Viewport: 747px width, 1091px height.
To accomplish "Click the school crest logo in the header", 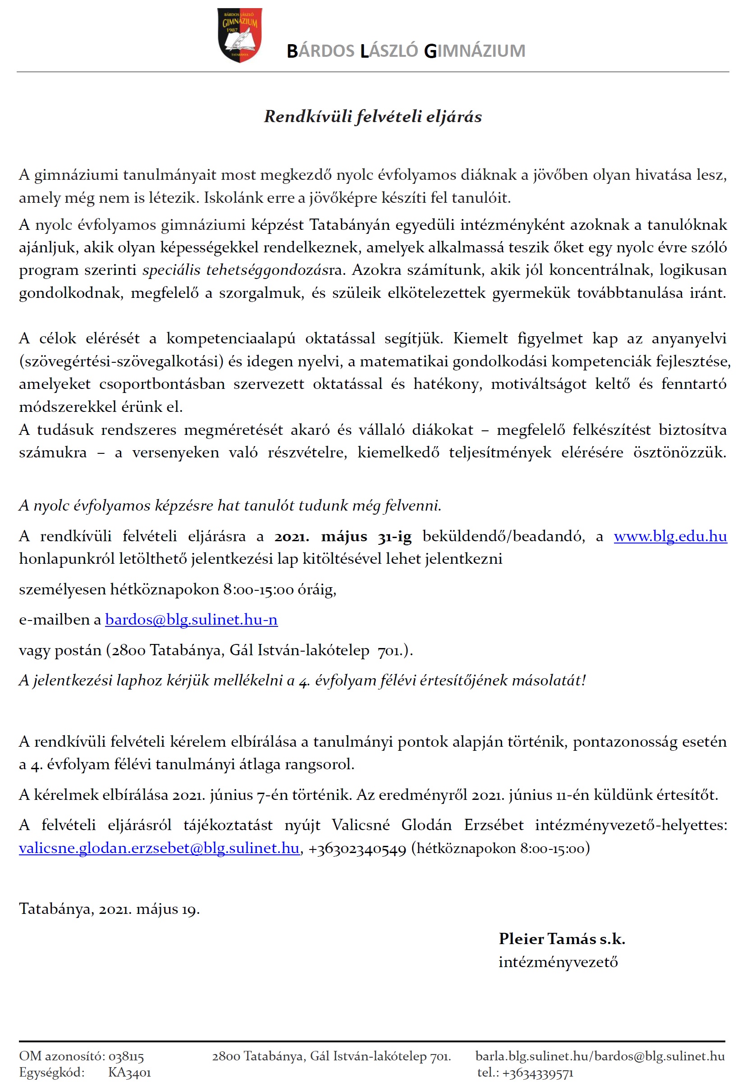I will [x=239, y=35].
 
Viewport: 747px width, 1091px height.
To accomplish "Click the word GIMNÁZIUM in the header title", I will [x=475, y=51].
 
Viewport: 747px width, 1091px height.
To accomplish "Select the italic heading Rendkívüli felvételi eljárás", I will [x=373, y=116].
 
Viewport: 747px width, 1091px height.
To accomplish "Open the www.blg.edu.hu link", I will [x=670, y=536].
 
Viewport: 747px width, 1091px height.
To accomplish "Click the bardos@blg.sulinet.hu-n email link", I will [x=191, y=620].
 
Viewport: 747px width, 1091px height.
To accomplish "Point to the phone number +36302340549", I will [x=357, y=849].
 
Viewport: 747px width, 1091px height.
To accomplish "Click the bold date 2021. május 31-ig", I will [x=343, y=536].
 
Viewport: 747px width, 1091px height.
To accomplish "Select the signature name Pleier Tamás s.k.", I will [x=562, y=938].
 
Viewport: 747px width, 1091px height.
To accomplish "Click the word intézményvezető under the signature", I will [x=558, y=962].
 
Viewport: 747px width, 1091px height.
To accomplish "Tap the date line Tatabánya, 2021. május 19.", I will [x=110, y=909].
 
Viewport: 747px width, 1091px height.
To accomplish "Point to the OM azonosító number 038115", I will [x=126, y=1056].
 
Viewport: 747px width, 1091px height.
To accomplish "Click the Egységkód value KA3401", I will [x=129, y=1072].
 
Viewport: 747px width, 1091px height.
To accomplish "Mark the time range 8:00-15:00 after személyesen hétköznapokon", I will [x=259, y=589].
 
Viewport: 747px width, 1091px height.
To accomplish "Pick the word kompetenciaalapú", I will [x=230, y=338].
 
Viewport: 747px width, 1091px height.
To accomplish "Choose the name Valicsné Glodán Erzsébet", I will [x=427, y=825].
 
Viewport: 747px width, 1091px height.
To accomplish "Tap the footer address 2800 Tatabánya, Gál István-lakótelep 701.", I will [x=331, y=1056].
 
